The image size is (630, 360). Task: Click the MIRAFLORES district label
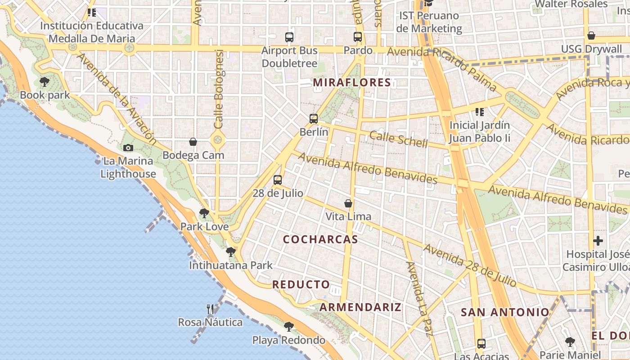pyautogui.click(x=352, y=82)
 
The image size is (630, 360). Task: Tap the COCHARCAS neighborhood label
pyautogui.click(x=320, y=239)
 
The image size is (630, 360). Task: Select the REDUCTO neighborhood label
pyautogui.click(x=301, y=284)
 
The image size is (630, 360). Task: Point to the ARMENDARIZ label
pyautogui.click(x=360, y=307)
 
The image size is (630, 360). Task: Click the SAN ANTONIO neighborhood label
pyautogui.click(x=505, y=312)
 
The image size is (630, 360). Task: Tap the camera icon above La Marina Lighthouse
pyautogui.click(x=128, y=148)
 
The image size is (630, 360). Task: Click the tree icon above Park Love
pyautogui.click(x=204, y=213)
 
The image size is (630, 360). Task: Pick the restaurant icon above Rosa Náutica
pyautogui.click(x=210, y=309)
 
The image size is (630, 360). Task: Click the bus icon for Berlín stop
pyautogui.click(x=314, y=119)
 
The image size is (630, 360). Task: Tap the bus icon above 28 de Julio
pyautogui.click(x=278, y=180)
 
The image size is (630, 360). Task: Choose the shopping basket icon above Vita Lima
pyautogui.click(x=348, y=203)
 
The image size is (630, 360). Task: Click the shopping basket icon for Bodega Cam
pyautogui.click(x=193, y=142)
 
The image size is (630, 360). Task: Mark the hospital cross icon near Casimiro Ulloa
pyautogui.click(x=598, y=241)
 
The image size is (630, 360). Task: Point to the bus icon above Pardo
pyautogui.click(x=358, y=37)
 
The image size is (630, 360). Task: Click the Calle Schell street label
pyautogui.click(x=398, y=139)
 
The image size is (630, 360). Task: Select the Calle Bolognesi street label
pyautogui.click(x=219, y=89)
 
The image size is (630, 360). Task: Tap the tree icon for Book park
pyautogui.click(x=45, y=82)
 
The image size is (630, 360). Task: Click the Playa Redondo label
pyautogui.click(x=288, y=340)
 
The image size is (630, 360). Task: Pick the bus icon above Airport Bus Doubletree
pyautogui.click(x=289, y=37)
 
